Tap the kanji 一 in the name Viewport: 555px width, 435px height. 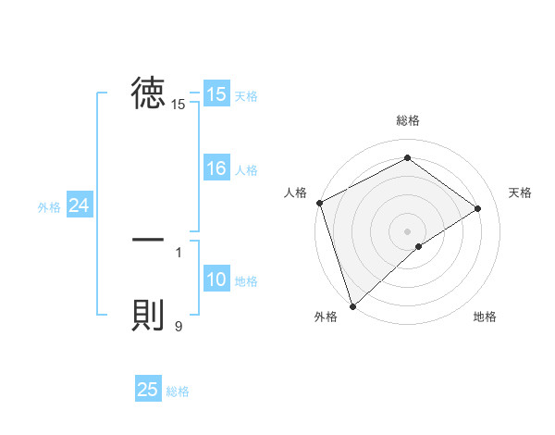[148, 240]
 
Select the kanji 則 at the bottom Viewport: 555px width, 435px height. [148, 316]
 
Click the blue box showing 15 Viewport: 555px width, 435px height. [216, 94]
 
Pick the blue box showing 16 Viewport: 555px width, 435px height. [216, 168]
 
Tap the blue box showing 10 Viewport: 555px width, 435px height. [216, 280]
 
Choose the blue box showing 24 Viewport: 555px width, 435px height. [80, 205]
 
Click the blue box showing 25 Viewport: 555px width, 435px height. [148, 390]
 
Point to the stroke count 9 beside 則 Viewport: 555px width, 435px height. [179, 325]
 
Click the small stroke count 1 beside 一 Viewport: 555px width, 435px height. [179, 252]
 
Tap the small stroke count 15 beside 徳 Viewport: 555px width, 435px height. [179, 105]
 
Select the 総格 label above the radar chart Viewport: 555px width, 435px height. [407, 120]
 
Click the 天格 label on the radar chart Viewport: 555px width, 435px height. [521, 193]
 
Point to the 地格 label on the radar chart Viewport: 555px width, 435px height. [485, 317]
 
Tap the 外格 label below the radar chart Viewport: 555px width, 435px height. [326, 317]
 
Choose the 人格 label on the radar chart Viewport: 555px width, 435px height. [295, 193]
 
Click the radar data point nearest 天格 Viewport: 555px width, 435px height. [478, 208]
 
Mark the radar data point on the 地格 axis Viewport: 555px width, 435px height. [419, 246]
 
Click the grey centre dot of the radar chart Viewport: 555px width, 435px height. [407, 230]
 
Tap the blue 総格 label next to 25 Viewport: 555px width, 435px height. [178, 391]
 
